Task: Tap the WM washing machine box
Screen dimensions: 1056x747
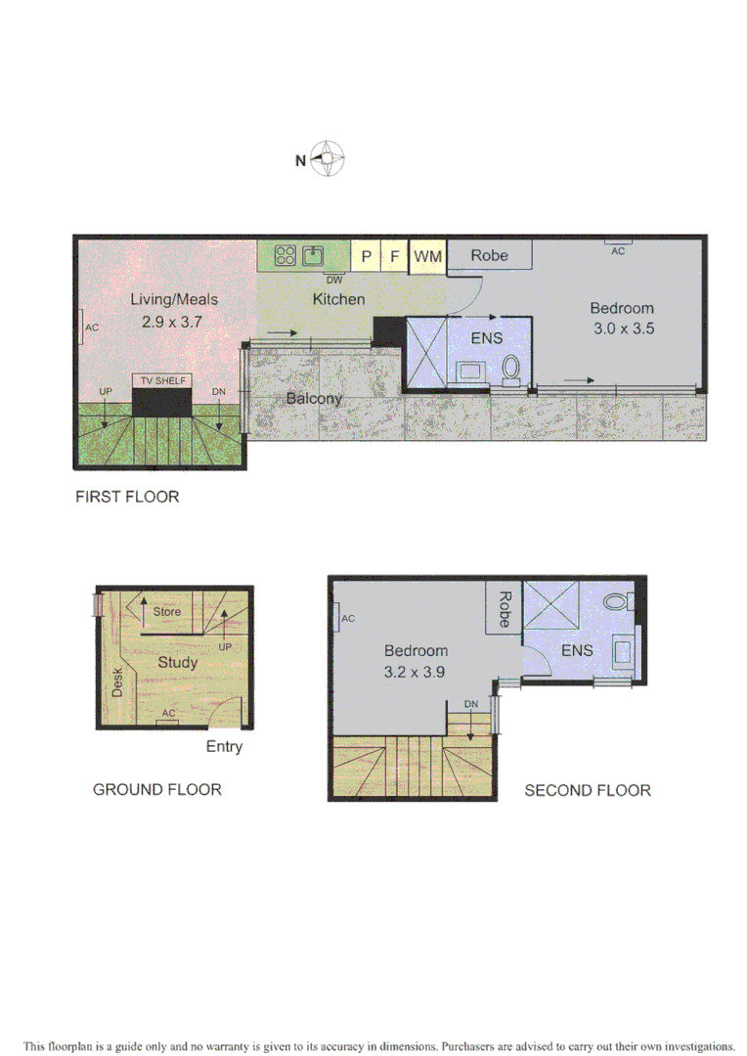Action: click(427, 256)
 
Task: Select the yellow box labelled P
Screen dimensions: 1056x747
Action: click(366, 256)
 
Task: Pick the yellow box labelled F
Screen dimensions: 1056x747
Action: click(394, 256)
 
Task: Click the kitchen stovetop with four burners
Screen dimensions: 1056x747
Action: click(286, 256)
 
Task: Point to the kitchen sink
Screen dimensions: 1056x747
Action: click(313, 256)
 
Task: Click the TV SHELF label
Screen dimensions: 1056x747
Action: click(161, 380)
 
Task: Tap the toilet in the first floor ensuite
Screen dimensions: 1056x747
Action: click(510, 369)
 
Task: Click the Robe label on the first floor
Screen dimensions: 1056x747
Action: click(489, 255)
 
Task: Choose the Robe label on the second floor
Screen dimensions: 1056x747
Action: click(505, 609)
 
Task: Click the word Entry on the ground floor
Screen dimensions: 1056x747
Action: click(224, 747)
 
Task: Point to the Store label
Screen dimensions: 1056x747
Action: click(167, 612)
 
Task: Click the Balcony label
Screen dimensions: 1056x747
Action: click(314, 398)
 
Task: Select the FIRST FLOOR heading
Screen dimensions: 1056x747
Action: click(127, 497)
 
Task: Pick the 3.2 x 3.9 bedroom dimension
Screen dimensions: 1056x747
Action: click(416, 672)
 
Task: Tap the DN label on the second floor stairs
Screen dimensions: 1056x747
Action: click(470, 704)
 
